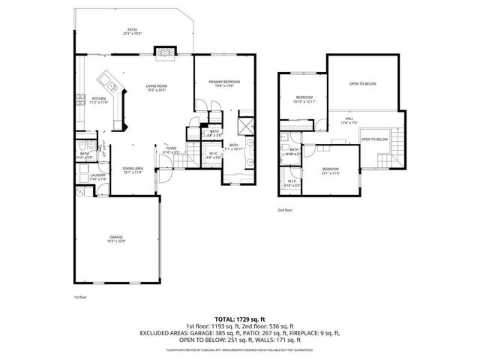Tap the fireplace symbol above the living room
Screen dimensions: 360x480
(x=164, y=52)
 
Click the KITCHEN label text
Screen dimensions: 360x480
(x=99, y=99)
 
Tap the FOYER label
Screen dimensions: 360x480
(x=171, y=148)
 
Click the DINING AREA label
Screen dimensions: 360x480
(x=133, y=168)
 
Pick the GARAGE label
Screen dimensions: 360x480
(x=115, y=238)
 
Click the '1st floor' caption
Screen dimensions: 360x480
(x=79, y=298)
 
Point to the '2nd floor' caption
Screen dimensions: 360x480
(x=285, y=211)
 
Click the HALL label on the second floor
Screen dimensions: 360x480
(x=349, y=118)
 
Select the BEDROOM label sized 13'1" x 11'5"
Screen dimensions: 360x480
(x=331, y=169)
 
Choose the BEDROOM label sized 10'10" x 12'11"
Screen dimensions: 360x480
(x=304, y=99)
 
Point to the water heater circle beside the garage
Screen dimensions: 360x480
(x=79, y=192)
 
